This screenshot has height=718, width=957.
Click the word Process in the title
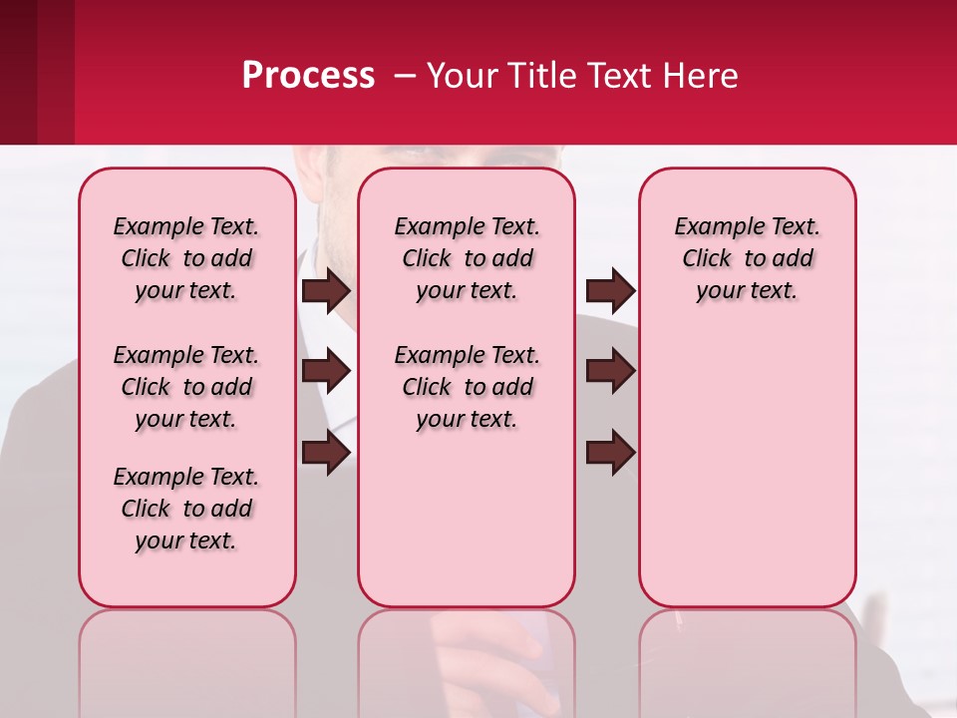tap(308, 76)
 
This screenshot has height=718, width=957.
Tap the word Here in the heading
tap(697, 76)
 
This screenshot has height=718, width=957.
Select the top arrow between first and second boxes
tap(326, 291)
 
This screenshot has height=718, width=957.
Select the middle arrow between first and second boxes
tap(326, 372)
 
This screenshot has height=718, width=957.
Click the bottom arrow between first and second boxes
tap(326, 454)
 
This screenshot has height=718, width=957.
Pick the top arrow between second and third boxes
tap(610, 291)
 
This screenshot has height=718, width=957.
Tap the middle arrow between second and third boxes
tap(610, 372)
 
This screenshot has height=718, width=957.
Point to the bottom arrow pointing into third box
tap(610, 454)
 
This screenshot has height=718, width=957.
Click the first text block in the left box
tap(186, 258)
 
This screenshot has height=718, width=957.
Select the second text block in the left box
tap(186, 387)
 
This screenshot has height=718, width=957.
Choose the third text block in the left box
tap(186, 509)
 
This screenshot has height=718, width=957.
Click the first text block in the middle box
tap(467, 258)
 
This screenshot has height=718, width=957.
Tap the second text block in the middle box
tap(467, 387)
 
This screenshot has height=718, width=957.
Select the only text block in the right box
tap(747, 258)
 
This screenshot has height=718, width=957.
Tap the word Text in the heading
tap(616, 76)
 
